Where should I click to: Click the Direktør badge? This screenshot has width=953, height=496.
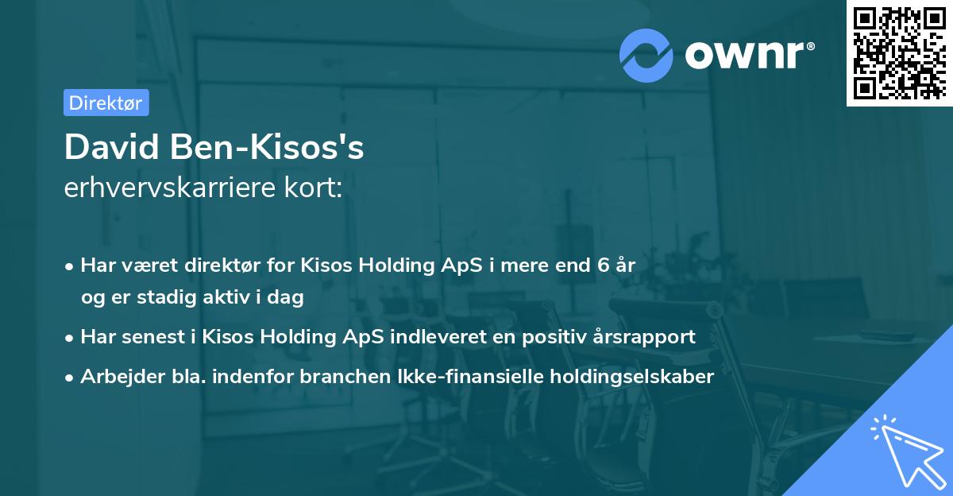pyautogui.click(x=106, y=103)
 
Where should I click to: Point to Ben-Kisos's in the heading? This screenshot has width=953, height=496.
pyautogui.click(x=265, y=148)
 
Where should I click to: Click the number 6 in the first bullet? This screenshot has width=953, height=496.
pyautogui.click(x=603, y=265)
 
